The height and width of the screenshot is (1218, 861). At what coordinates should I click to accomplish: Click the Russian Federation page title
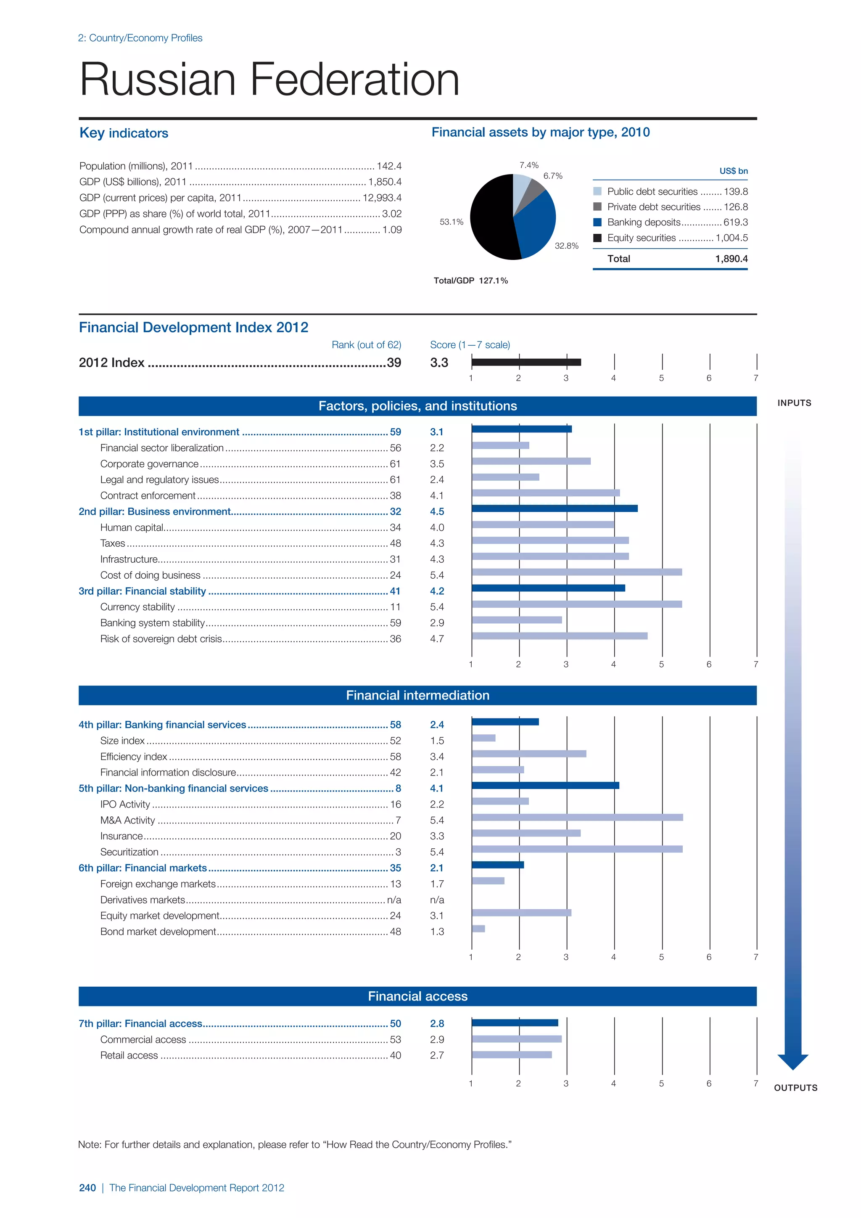coord(269,79)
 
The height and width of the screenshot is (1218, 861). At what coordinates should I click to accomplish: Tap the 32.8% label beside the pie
coord(566,246)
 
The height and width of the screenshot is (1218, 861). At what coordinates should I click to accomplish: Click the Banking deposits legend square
coord(597,222)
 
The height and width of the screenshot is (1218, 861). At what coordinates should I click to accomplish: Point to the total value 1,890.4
coord(731,259)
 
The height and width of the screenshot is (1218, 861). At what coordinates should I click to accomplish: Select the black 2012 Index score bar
coord(526,362)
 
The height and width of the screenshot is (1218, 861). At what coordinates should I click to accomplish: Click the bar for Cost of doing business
coord(577,572)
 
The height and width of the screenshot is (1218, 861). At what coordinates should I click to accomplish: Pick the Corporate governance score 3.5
coord(437,463)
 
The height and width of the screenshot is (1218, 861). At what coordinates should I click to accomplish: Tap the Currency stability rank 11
coord(396,607)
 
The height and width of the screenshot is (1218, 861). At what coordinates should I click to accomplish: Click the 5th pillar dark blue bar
coord(545,786)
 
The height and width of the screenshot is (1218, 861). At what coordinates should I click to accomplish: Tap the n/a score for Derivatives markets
coord(437,900)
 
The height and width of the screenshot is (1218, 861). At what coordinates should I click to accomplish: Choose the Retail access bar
coord(512,1055)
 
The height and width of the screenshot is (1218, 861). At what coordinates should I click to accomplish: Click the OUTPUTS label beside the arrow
coord(795,1088)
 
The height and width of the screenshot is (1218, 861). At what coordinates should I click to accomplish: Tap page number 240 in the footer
coord(87,1188)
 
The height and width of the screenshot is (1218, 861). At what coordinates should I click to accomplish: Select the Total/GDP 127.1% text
coord(470,281)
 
